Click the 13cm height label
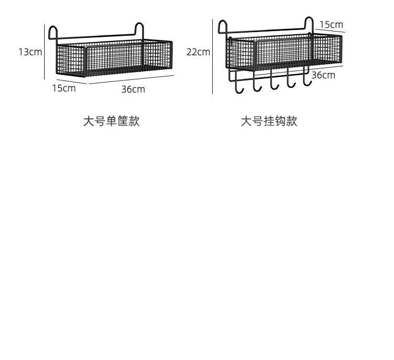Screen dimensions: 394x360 click(29, 52)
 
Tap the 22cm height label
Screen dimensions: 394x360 click(198, 52)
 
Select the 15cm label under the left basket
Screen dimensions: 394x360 click(64, 88)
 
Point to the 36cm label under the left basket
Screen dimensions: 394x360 click(133, 89)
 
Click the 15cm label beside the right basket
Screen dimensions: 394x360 click(331, 25)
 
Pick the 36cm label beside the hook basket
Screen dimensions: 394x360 click(323, 75)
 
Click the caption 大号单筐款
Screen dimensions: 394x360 click(111, 121)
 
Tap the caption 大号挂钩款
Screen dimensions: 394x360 click(269, 121)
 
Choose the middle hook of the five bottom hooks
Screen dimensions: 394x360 click(273, 83)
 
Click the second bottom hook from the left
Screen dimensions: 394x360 click(256, 86)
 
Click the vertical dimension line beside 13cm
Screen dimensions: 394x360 click(44, 52)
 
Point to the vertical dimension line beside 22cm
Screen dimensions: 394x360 click(212, 57)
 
